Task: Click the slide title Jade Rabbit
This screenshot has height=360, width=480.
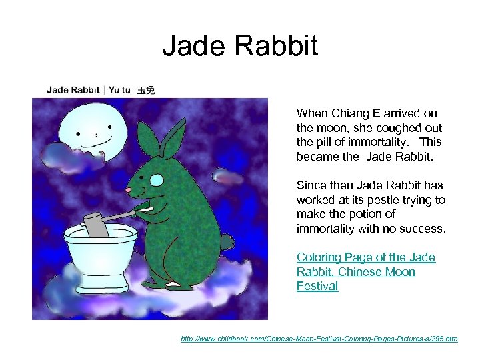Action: tap(240, 46)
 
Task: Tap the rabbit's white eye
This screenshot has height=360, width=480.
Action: tap(156, 179)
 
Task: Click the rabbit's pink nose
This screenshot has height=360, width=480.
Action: tap(128, 191)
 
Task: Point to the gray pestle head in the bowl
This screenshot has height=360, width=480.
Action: tap(97, 225)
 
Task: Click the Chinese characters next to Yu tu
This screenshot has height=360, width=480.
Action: tap(146, 89)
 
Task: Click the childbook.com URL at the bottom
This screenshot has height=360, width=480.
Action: tap(319, 339)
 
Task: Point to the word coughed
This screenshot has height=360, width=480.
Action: tap(392, 128)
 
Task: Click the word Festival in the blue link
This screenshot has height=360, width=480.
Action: tap(317, 286)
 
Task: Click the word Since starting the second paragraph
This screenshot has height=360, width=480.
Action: tap(311, 185)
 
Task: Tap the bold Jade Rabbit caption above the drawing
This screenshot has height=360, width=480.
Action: tap(73, 89)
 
